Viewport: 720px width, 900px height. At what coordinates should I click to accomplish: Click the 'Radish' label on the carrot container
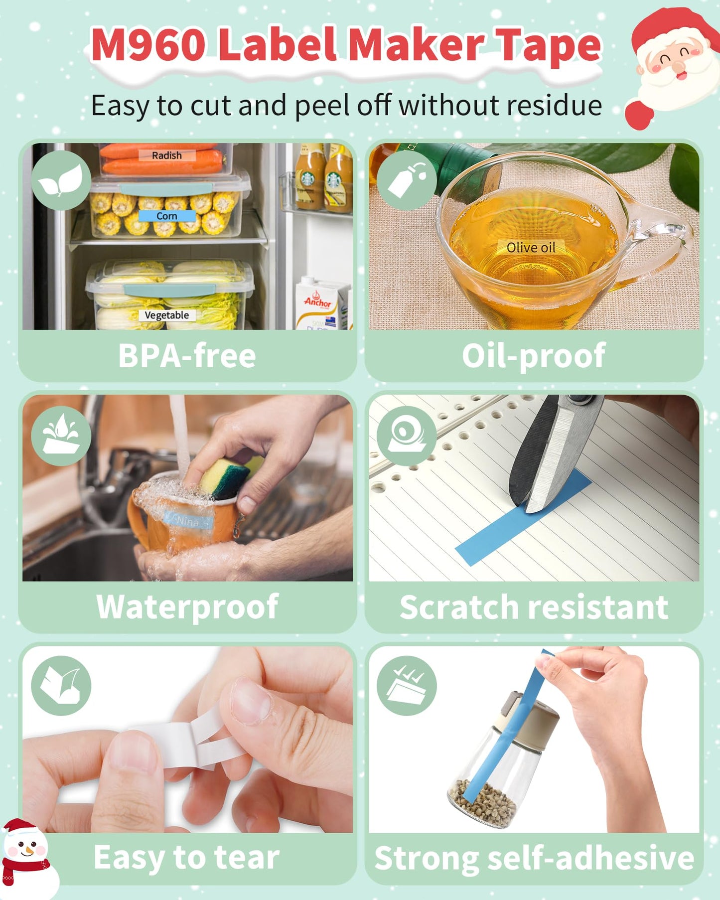click(167, 155)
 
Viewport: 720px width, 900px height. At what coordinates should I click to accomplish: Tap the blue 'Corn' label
click(167, 216)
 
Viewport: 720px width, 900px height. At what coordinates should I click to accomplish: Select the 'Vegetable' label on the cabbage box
click(167, 315)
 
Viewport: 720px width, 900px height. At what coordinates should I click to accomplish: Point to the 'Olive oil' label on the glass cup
click(531, 247)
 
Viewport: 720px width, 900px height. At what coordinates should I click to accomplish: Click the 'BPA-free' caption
click(187, 355)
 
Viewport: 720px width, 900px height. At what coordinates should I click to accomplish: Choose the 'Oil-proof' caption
click(534, 356)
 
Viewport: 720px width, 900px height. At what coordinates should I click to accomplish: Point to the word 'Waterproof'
click(187, 607)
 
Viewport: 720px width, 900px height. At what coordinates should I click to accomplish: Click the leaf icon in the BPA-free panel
click(61, 180)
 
